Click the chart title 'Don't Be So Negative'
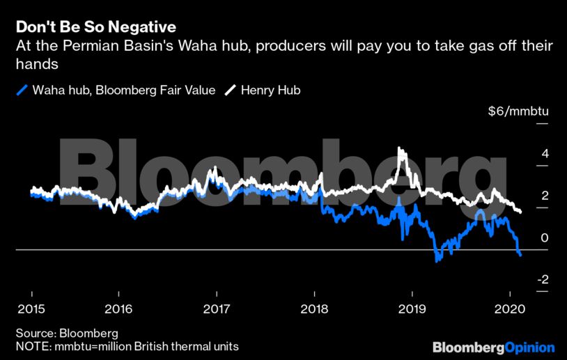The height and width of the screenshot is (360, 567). point(96,27)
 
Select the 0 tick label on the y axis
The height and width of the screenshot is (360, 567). point(545,238)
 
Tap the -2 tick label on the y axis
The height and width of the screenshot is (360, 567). point(542,280)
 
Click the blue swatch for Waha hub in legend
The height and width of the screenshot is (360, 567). point(22,90)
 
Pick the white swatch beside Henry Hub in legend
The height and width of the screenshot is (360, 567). point(231,90)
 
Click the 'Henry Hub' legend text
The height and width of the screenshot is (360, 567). point(270,90)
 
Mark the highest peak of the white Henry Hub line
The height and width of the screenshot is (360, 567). point(399,149)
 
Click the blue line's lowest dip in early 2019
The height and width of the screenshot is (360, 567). point(437,261)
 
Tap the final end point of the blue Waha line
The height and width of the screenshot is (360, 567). point(520,256)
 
